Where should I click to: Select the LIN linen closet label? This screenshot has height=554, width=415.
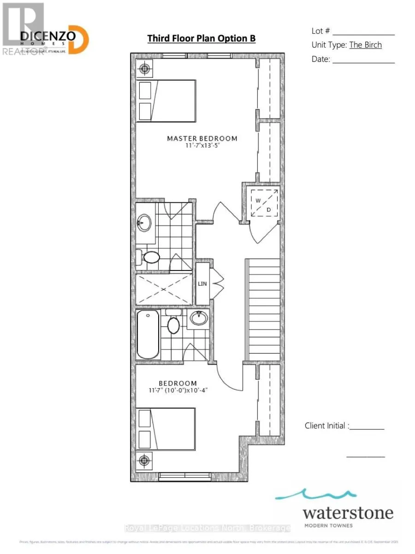tap(202, 283)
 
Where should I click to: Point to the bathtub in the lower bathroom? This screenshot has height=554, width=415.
tap(148, 334)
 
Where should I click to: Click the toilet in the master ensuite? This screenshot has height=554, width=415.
tap(150, 257)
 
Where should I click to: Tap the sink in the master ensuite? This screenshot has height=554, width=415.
tap(144, 223)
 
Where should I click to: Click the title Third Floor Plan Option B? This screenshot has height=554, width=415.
tap(202, 38)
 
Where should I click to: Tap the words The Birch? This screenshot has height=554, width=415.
tap(365, 45)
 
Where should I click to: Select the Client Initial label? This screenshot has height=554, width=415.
tap(326, 426)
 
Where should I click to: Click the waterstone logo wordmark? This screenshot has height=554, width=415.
tap(348, 513)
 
